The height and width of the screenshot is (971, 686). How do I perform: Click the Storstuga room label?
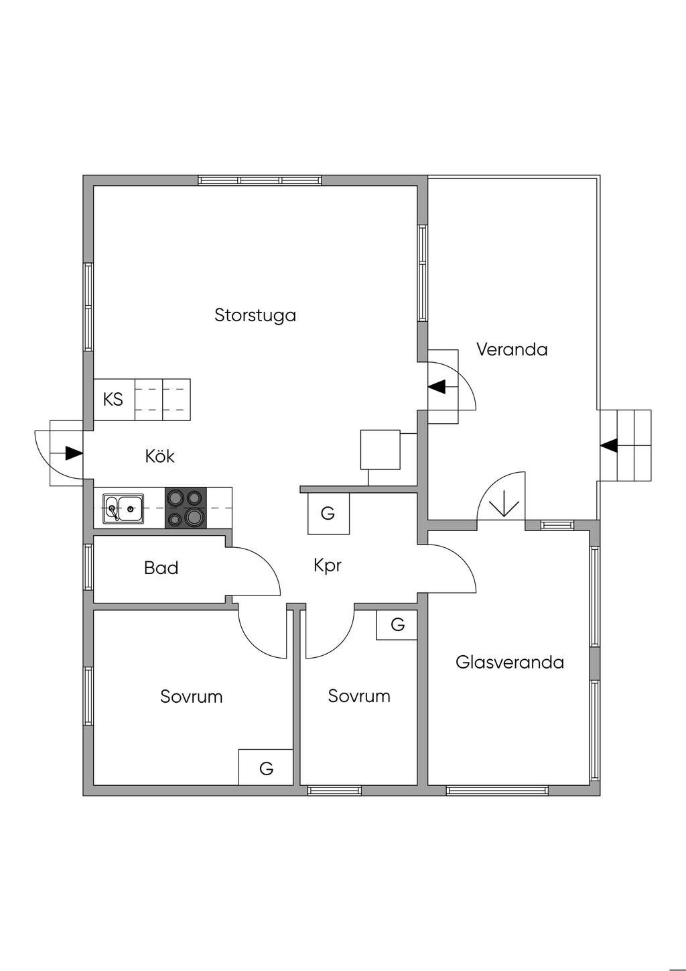[x=255, y=315]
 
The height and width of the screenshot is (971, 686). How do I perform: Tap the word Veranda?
[x=512, y=349]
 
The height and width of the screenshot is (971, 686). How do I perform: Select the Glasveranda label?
[x=509, y=663]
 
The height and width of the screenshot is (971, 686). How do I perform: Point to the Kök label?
[x=159, y=457]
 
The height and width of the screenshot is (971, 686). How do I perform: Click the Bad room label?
[x=161, y=569]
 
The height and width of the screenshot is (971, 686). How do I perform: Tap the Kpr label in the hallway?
[x=328, y=565]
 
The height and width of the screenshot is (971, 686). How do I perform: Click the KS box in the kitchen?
[x=113, y=400]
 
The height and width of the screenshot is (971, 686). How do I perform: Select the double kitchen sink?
[x=123, y=508]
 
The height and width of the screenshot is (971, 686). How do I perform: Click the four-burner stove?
[x=186, y=508]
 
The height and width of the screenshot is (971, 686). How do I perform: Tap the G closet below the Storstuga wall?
[x=328, y=514]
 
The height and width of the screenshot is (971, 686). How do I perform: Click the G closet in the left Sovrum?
[x=266, y=768]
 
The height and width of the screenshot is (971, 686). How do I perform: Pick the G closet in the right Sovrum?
[x=397, y=625]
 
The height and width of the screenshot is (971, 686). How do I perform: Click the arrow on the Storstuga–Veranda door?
[x=437, y=387]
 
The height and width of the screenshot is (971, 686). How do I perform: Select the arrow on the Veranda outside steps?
[x=609, y=445]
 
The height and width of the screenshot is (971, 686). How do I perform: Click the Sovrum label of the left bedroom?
[x=191, y=697]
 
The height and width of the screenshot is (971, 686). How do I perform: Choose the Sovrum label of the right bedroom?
[x=359, y=696]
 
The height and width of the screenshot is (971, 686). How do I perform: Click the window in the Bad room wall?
[x=88, y=567]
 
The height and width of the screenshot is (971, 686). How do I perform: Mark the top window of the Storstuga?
[x=260, y=180]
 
